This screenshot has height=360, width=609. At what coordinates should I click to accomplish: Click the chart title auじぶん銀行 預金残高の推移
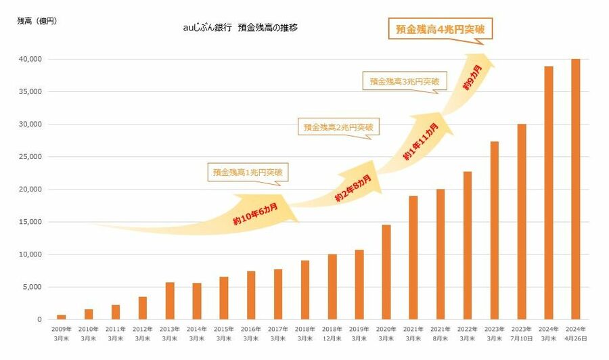pyautogui.click(x=240, y=28)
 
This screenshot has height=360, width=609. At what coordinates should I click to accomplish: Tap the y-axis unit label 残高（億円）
pyautogui.click(x=37, y=21)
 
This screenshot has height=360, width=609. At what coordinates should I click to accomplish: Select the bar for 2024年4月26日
pyautogui.click(x=575, y=189)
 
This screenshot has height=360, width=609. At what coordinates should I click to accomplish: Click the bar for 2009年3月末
pyautogui.click(x=62, y=317)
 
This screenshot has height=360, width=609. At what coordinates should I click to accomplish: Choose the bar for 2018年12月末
pyautogui.click(x=332, y=287)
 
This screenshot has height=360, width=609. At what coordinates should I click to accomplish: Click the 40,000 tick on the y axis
pyautogui.click(x=31, y=60)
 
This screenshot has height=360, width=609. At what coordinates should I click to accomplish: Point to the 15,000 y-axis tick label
pyautogui.click(x=31, y=222)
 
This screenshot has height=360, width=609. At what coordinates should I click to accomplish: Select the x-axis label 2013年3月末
pyautogui.click(x=170, y=332)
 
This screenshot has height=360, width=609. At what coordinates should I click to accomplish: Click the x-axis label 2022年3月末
pyautogui.click(x=468, y=332)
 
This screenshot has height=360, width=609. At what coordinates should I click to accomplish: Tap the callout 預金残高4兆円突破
pyautogui.click(x=441, y=30)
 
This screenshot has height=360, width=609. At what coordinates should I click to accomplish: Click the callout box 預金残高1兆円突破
pyautogui.click(x=248, y=173)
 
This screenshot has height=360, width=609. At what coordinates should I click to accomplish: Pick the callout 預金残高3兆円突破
pyautogui.click(x=404, y=82)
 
